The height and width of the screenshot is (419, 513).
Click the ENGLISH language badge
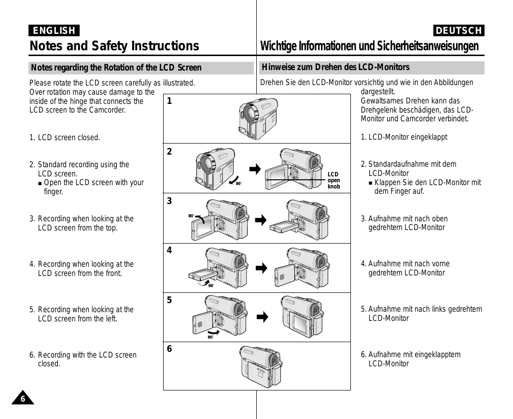(x=54, y=30)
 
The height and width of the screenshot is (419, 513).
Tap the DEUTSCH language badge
(x=458, y=30)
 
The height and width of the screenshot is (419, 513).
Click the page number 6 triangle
(x=23, y=397)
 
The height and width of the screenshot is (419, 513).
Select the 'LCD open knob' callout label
(x=333, y=181)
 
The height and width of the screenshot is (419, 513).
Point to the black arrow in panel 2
(x=255, y=169)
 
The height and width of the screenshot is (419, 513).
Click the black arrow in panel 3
(x=261, y=220)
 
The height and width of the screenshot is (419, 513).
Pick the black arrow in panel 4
(x=262, y=268)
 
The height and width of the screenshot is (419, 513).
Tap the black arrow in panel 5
(x=263, y=317)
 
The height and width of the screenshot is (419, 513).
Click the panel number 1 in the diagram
(x=169, y=101)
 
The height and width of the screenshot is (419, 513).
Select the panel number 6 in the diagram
(x=169, y=349)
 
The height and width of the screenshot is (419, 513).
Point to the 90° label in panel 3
(x=192, y=216)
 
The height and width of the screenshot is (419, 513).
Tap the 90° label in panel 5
(x=211, y=337)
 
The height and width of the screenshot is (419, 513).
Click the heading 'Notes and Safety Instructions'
(x=114, y=46)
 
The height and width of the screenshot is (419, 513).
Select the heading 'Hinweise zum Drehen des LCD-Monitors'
(x=336, y=67)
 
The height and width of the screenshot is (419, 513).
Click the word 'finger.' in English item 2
(x=54, y=191)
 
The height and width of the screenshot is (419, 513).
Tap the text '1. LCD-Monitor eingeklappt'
(x=404, y=137)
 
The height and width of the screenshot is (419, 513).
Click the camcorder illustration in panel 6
(x=261, y=366)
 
